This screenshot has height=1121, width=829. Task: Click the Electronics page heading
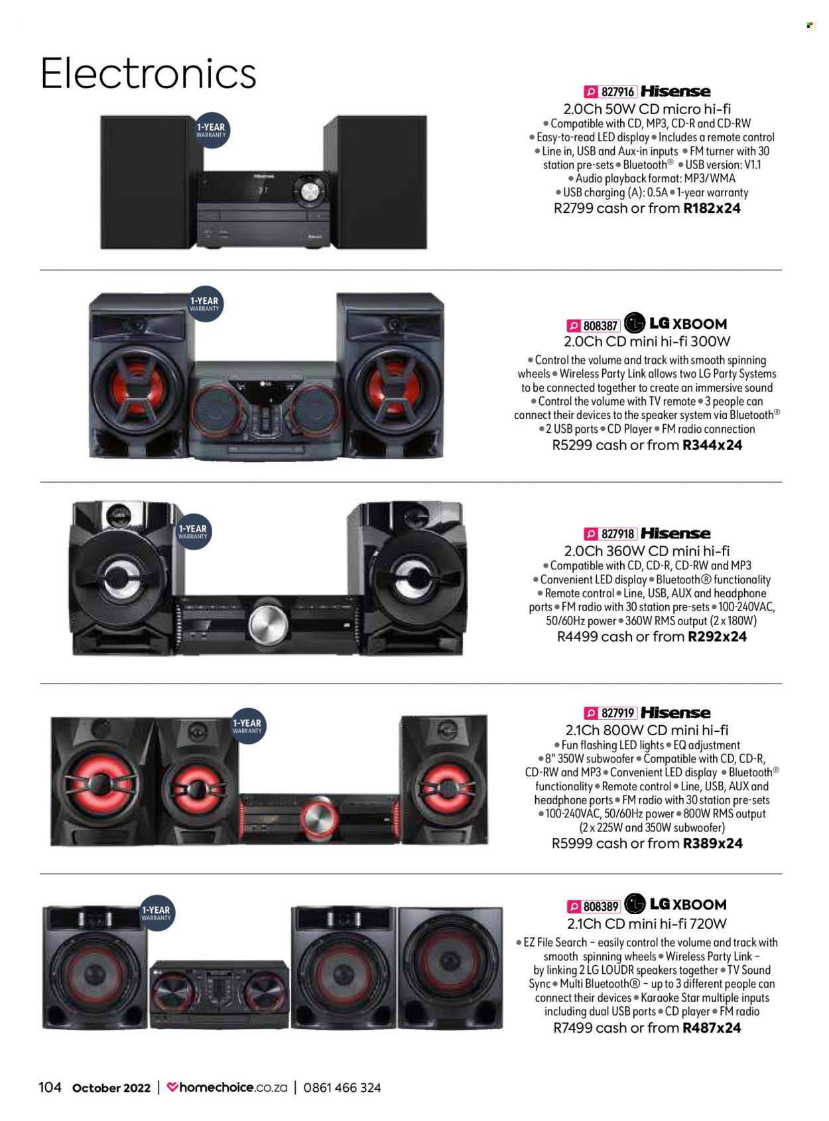coord(148,74)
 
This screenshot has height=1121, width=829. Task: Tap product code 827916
coord(617,92)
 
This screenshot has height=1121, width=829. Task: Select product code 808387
coord(600,325)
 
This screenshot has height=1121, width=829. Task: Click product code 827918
coord(617,534)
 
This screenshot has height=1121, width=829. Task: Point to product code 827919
coord(617,713)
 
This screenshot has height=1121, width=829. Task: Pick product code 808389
coord(601,907)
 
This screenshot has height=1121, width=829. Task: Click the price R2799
coord(574,208)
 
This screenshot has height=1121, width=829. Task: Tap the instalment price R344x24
coord(712,445)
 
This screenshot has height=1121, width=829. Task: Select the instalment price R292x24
coord(717,637)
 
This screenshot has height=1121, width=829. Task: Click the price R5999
coord(572,843)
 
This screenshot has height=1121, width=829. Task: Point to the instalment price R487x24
coord(712,1028)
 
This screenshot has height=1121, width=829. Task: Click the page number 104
coord(50,1087)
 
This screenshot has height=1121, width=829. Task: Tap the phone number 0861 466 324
coord(342,1088)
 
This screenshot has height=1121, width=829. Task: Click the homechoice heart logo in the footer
coord(172,1087)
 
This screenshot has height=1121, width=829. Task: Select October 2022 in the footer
coord(111,1088)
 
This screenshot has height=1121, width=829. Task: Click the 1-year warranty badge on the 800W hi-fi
coord(247,726)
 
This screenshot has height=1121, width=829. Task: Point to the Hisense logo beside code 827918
coord(676,533)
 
